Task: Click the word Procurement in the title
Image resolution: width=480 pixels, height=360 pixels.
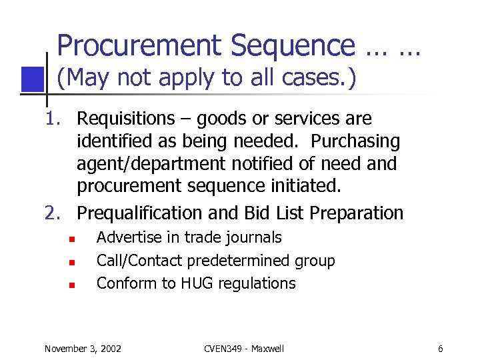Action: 139,46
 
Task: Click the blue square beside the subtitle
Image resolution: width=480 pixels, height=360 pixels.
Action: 32,79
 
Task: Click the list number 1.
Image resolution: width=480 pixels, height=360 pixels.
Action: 53,119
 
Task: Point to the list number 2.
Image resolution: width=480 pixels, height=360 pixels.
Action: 53,213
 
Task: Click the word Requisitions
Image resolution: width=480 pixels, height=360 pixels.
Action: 125,119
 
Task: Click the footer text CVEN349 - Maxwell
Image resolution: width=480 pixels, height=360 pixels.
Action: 243,348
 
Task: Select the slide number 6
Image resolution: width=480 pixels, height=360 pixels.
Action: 441,348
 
